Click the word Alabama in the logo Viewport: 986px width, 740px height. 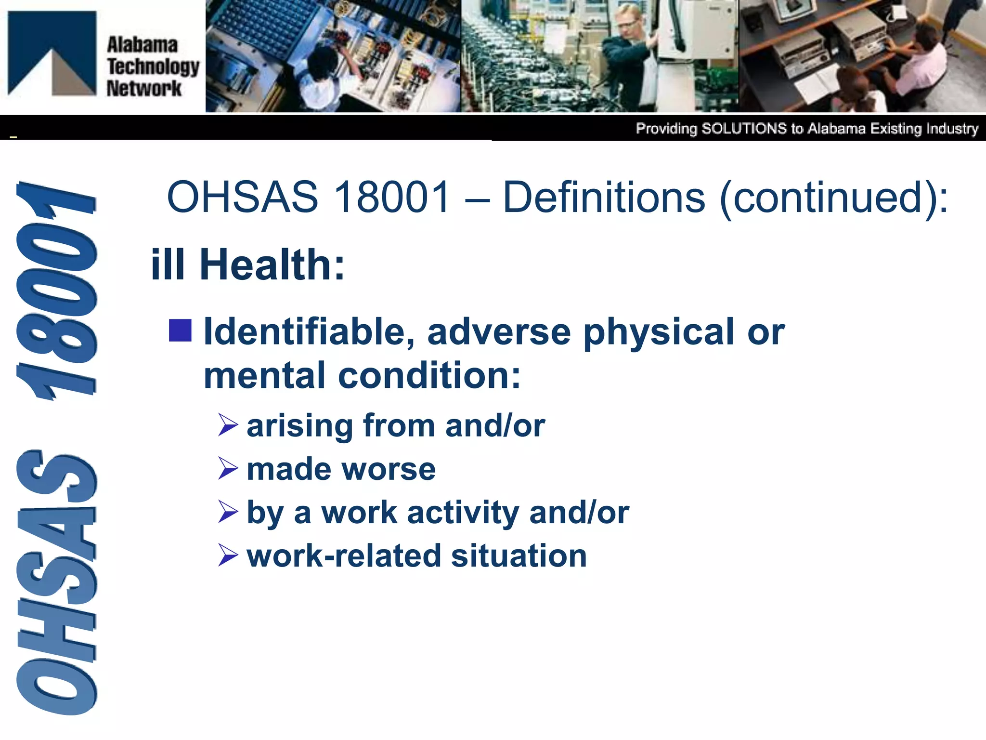click(x=142, y=45)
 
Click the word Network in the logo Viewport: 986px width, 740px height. click(x=143, y=89)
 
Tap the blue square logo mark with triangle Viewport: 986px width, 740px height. click(x=52, y=53)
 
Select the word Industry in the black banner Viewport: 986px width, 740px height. click(x=952, y=129)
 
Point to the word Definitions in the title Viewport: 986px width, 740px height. click(x=604, y=197)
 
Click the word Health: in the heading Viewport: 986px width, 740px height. click(x=272, y=264)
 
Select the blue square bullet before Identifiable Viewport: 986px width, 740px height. click(x=181, y=330)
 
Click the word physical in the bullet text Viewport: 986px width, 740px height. click(x=659, y=332)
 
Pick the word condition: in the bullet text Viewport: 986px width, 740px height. click(x=429, y=375)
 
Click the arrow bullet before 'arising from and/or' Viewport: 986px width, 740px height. click(x=228, y=425)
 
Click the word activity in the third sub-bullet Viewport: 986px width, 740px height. click(x=462, y=513)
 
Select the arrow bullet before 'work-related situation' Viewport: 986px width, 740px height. click(x=228, y=555)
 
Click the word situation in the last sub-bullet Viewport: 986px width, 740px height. click(x=519, y=555)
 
